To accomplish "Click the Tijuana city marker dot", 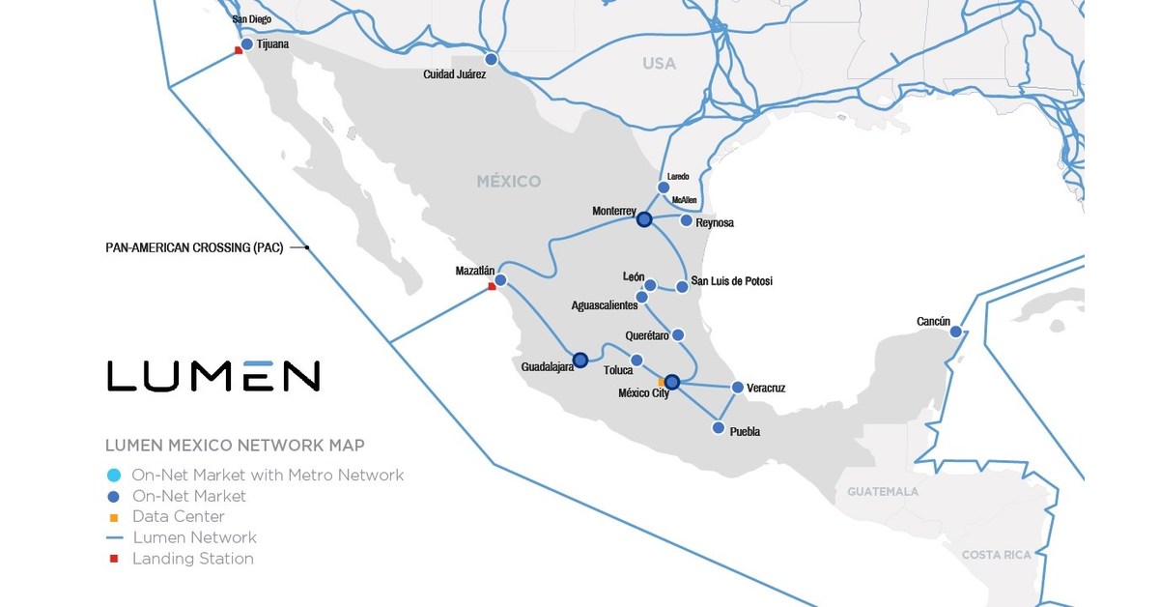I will coord(247,44).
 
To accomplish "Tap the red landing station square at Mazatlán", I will coord(492,286).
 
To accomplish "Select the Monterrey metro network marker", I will coord(644,220).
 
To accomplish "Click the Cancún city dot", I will coord(955,332).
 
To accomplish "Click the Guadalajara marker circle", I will coord(579,361).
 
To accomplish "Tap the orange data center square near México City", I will coord(662,382).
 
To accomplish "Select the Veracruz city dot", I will coord(738,388).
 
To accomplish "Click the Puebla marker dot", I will coord(718,427).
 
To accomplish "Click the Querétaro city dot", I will coord(678,334).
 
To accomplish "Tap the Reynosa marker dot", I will coord(686,221).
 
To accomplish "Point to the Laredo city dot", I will coord(663,188).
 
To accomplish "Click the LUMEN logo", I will coord(213,375).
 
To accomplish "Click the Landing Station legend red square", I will coord(114,559).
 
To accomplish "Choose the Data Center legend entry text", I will coord(179,517).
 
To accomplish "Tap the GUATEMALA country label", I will coord(883,492).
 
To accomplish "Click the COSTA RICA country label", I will coord(996,555).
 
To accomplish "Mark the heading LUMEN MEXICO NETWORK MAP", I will coord(235,446).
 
